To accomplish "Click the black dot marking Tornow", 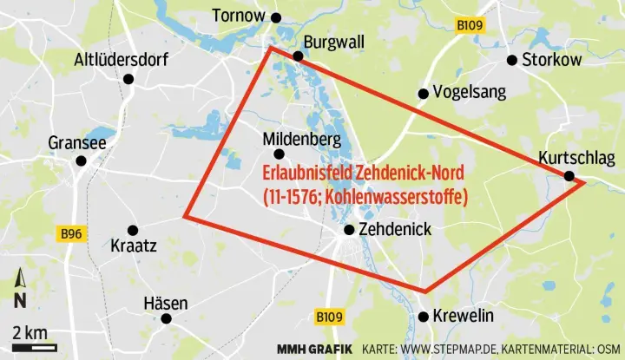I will click(276, 17).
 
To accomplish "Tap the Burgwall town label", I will click(334, 42).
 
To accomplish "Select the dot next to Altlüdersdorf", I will click(128, 79).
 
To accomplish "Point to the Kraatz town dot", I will click(133, 231).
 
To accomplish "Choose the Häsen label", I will click(165, 303).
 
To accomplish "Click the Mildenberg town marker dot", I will click(280, 154).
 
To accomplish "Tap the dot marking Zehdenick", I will click(349, 230).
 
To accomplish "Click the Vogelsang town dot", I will click(423, 94).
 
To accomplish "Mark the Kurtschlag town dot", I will click(569, 176).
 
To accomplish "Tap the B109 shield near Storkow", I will click(470, 26).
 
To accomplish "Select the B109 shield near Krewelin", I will click(329, 317).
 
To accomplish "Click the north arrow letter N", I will click(19, 301).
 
